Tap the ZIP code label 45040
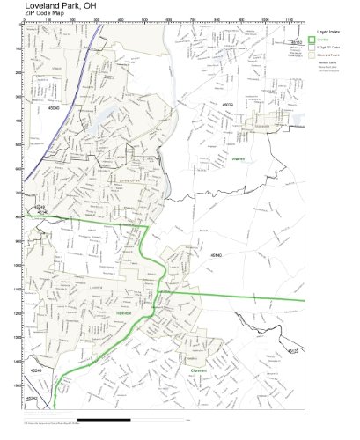tap(54, 109)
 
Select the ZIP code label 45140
tap(216, 254)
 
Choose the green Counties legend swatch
tap(312, 40)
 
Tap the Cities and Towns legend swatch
tap(312, 55)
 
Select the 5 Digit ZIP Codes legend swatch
tap(312, 48)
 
